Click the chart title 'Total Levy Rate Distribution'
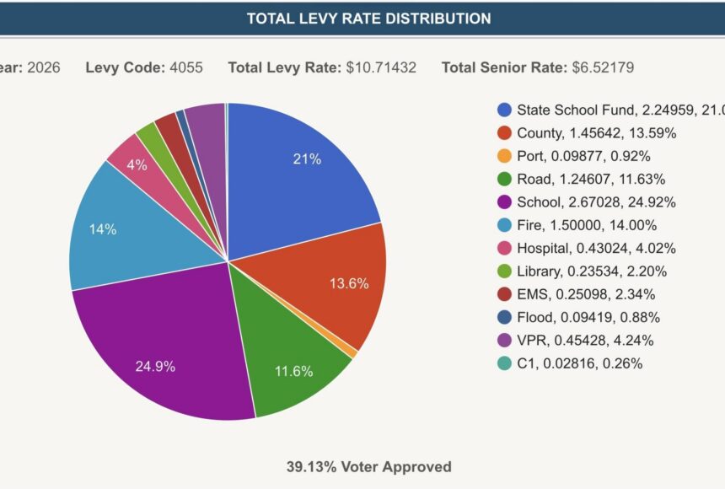368,18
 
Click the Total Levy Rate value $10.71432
381,67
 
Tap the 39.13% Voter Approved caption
368,466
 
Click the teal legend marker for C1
505,363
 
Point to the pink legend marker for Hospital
505,248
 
